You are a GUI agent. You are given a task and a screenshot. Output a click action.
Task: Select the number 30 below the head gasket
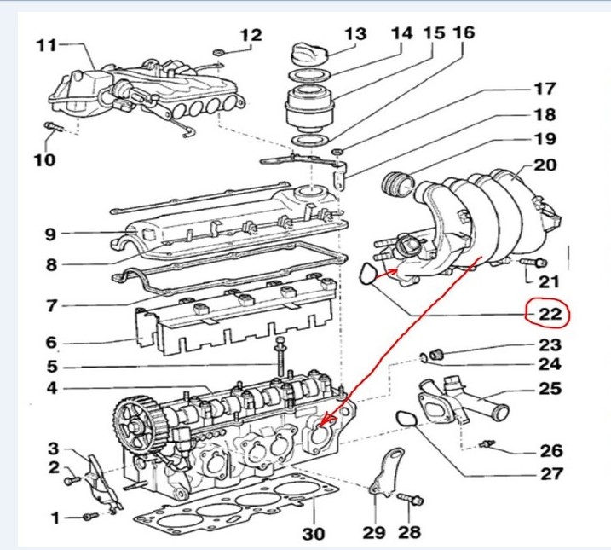(314, 534)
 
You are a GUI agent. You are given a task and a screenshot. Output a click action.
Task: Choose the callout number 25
(550, 389)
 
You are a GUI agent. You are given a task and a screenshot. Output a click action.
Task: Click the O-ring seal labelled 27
(409, 420)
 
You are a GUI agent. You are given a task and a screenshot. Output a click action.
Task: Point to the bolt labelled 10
(53, 129)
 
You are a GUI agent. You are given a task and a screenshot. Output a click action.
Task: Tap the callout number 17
(545, 89)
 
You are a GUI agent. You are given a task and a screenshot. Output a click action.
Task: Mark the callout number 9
(50, 234)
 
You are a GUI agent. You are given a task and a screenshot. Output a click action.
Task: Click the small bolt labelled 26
(488, 443)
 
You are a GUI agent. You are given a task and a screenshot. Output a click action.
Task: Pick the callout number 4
(50, 390)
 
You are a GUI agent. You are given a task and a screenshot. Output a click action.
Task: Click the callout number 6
(50, 343)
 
